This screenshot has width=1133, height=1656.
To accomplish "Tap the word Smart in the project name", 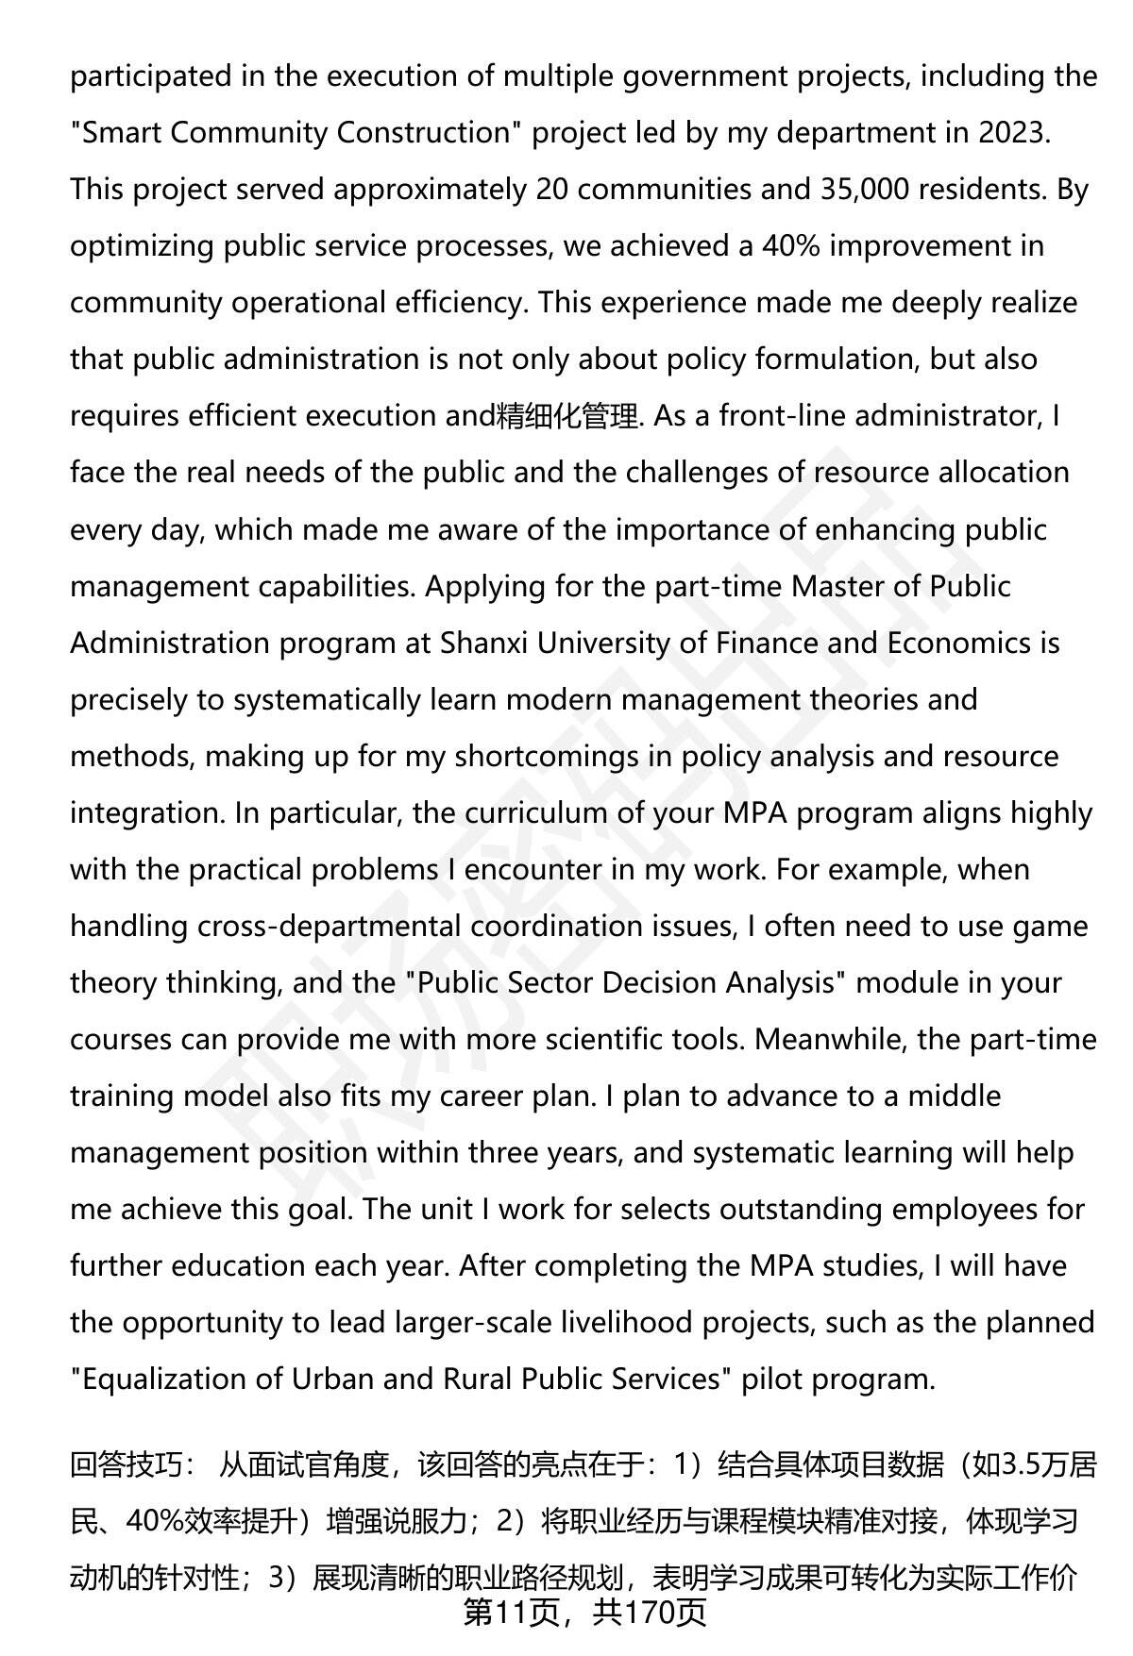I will pos(119,133).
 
